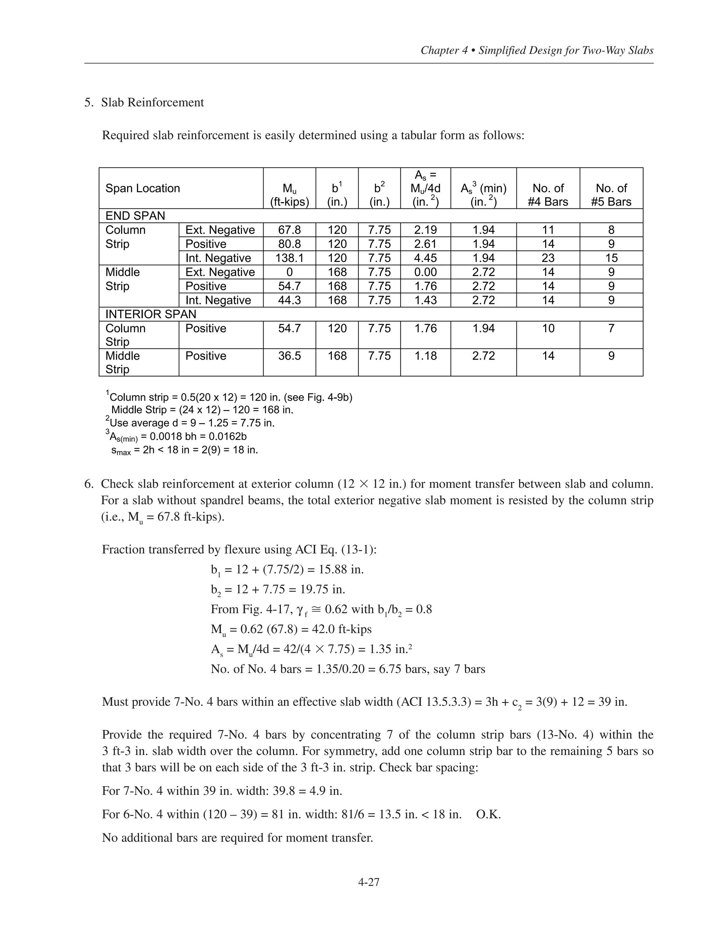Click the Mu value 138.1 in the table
pyautogui.click(x=289, y=258)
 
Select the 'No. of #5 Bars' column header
pyautogui.click(x=611, y=195)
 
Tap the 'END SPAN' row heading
pyautogui.click(x=135, y=216)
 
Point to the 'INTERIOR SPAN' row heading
pyautogui.click(x=151, y=314)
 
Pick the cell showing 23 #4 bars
pyautogui.click(x=548, y=258)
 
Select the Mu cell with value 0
pyautogui.click(x=289, y=272)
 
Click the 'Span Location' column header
pyautogui.click(x=143, y=188)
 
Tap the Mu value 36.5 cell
pyautogui.click(x=289, y=356)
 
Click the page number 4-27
pyautogui.click(x=368, y=882)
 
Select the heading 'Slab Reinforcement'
pyautogui.click(x=153, y=102)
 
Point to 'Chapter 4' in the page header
pyautogui.click(x=444, y=50)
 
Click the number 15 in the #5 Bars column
pyautogui.click(x=611, y=258)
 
